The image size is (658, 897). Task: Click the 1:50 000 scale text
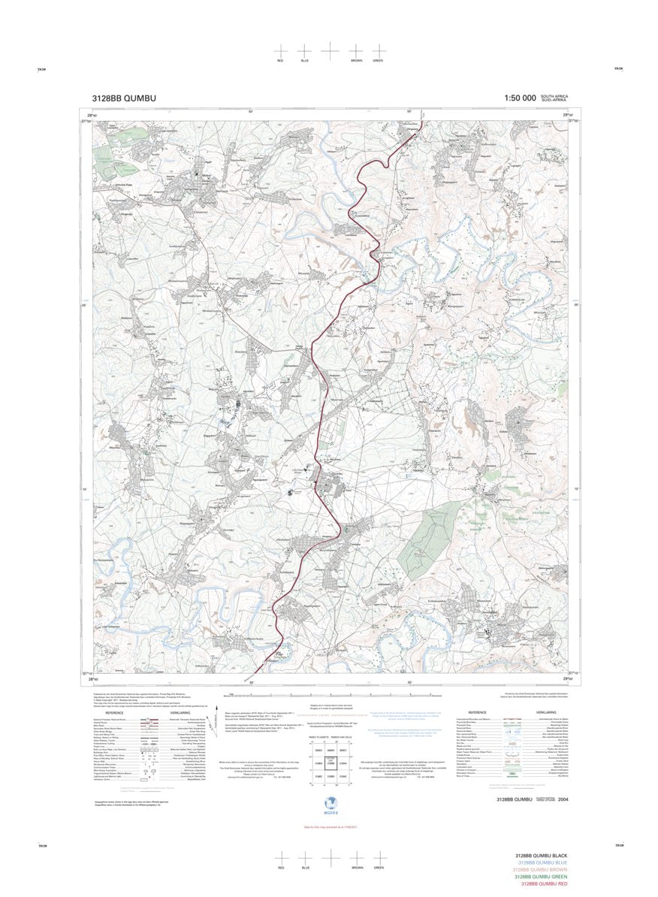coord(520,98)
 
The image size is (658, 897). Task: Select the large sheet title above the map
coord(124,98)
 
